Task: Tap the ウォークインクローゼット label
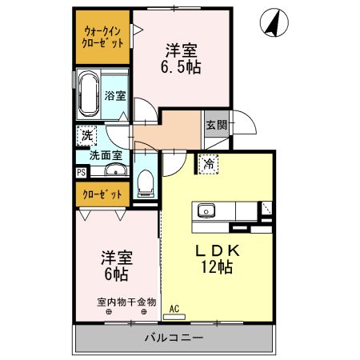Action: (x=104, y=37)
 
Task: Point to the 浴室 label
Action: (x=115, y=96)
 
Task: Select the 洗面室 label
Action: (x=104, y=154)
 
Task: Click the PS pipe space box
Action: (x=81, y=171)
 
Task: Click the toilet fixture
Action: (x=145, y=182)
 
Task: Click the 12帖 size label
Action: (x=217, y=268)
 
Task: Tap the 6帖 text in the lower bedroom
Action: (x=116, y=274)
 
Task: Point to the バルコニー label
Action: (x=174, y=337)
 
